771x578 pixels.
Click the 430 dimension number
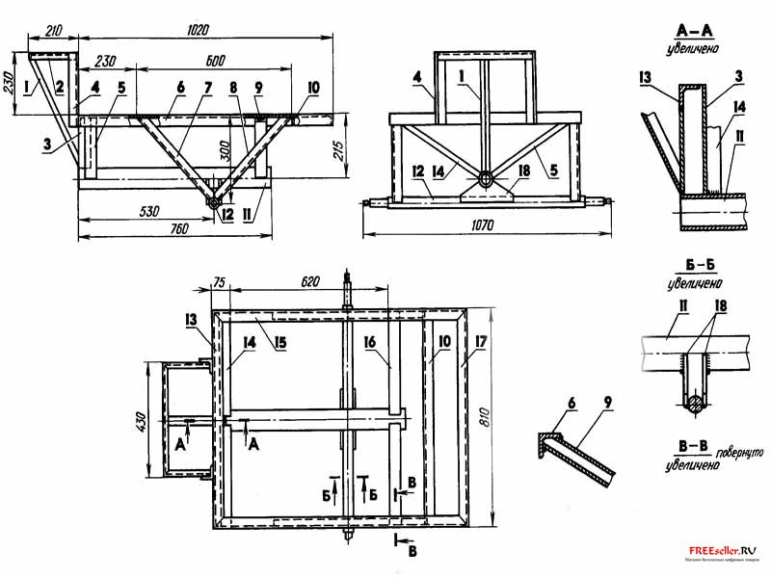point(141,421)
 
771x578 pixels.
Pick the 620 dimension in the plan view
point(310,283)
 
